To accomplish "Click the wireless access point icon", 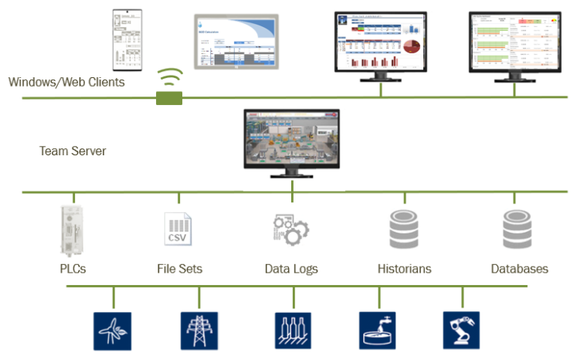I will (169, 87).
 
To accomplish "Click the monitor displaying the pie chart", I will (381, 42).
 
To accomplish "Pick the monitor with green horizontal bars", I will (515, 42).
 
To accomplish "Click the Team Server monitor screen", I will (292, 139).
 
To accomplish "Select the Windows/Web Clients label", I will (66, 82).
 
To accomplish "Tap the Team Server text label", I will (73, 151).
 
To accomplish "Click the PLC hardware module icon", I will (74, 230).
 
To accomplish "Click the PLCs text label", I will (73, 269).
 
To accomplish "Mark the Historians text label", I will (404, 269).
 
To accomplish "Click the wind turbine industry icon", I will (112, 330).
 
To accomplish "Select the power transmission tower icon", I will (199, 330).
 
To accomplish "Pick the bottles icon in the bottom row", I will (293, 330).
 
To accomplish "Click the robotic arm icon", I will (461, 330).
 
